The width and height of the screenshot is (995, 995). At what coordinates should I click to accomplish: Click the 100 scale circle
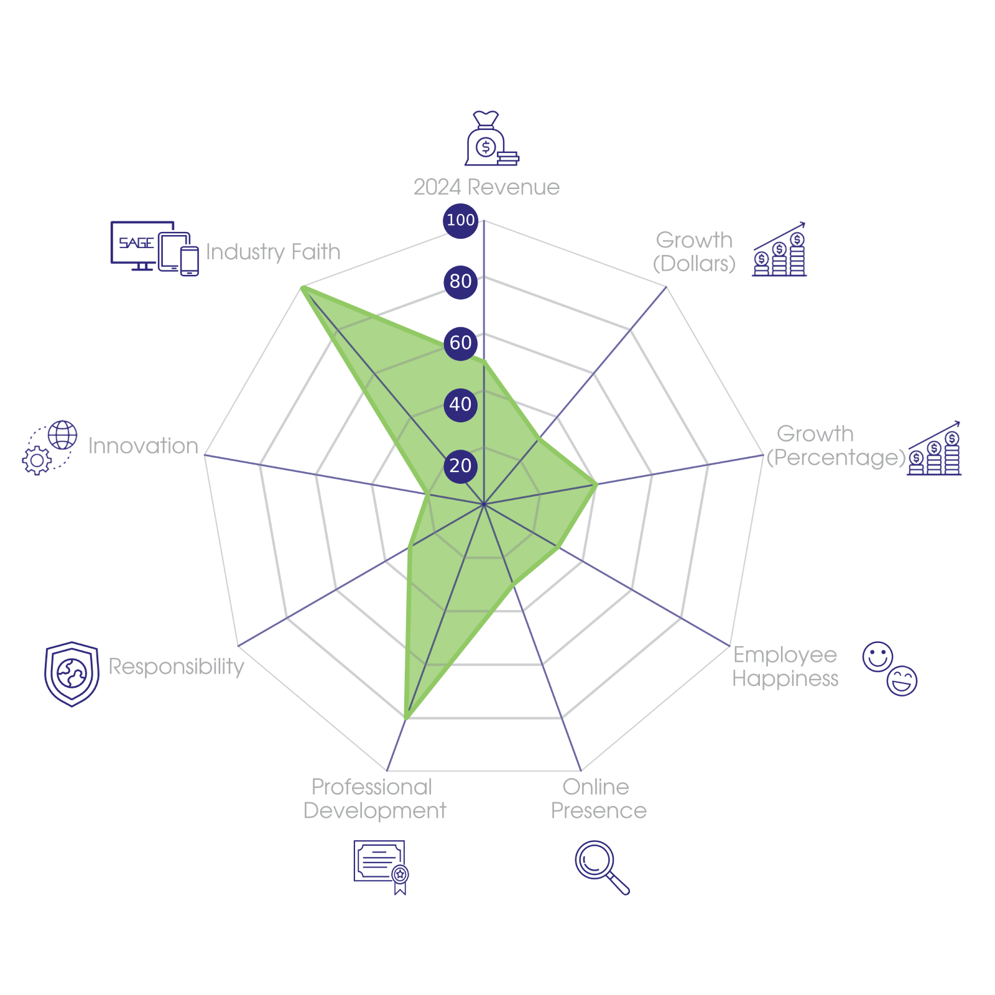point(460,220)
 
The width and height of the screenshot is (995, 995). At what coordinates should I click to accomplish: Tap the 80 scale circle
point(460,281)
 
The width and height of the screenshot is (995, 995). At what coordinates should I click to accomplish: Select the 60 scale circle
point(460,343)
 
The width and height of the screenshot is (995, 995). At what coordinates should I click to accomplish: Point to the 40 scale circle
point(460,404)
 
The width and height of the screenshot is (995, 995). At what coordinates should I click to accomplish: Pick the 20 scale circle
point(460,466)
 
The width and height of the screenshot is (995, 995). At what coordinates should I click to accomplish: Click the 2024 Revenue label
point(486,187)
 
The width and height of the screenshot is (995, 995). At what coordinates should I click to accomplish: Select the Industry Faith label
point(273,252)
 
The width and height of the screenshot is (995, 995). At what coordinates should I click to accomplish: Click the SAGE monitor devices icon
point(154,248)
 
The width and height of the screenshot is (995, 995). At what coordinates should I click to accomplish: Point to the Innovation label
point(143,446)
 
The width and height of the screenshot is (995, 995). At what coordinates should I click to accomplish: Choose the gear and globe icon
point(50,448)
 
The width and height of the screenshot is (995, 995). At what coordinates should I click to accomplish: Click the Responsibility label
point(176,667)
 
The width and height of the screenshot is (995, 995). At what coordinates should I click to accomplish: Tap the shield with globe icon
point(72,673)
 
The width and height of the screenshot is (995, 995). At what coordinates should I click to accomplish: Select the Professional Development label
point(374,799)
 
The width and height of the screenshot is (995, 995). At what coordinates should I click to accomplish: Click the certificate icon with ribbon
point(381,866)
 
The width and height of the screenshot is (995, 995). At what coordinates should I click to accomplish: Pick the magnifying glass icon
point(601,866)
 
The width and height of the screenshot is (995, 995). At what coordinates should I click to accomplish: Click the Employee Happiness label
point(785,667)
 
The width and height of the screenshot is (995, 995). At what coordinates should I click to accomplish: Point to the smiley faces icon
point(890,669)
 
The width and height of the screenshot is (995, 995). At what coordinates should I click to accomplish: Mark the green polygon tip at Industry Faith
point(302,287)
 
